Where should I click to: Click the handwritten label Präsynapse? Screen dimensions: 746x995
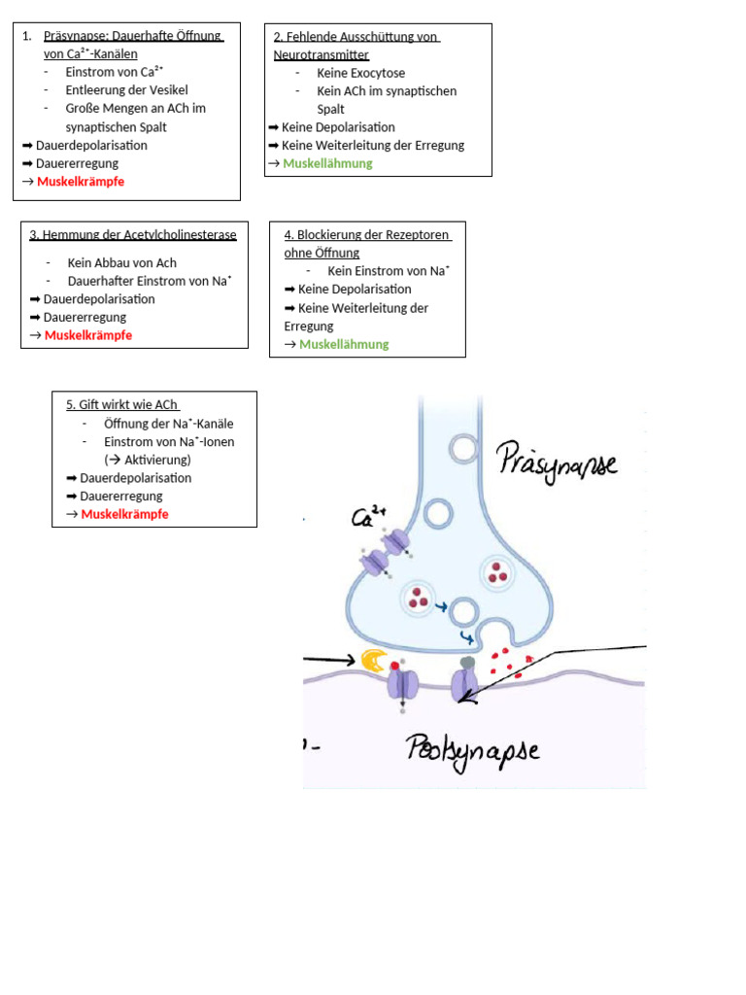point(557,462)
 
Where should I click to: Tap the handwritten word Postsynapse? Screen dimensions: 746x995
point(473,751)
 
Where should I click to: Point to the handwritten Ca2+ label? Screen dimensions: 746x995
point(368,517)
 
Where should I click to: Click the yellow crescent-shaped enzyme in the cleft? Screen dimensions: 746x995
point(374,661)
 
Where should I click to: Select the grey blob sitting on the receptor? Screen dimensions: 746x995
point(467,663)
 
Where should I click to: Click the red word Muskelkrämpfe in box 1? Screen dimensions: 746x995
point(81,182)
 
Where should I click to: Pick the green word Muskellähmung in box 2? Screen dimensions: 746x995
point(327,163)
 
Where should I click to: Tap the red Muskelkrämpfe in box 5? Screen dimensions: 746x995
point(125,514)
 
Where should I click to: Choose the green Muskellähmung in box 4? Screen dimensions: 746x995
point(344,345)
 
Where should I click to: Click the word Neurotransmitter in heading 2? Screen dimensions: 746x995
point(321,55)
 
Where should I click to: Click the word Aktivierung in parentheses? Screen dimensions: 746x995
point(155,460)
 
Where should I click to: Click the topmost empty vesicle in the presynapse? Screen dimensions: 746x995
point(463,449)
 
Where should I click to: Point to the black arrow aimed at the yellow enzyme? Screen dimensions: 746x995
point(329,660)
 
